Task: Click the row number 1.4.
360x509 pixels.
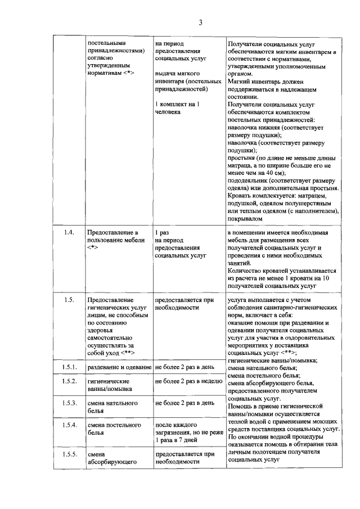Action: pos(69,232)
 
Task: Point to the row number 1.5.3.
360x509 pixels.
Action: pos(69,403)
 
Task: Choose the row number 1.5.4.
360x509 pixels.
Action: pos(69,425)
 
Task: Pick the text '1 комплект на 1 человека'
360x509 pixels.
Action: pos(177,109)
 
